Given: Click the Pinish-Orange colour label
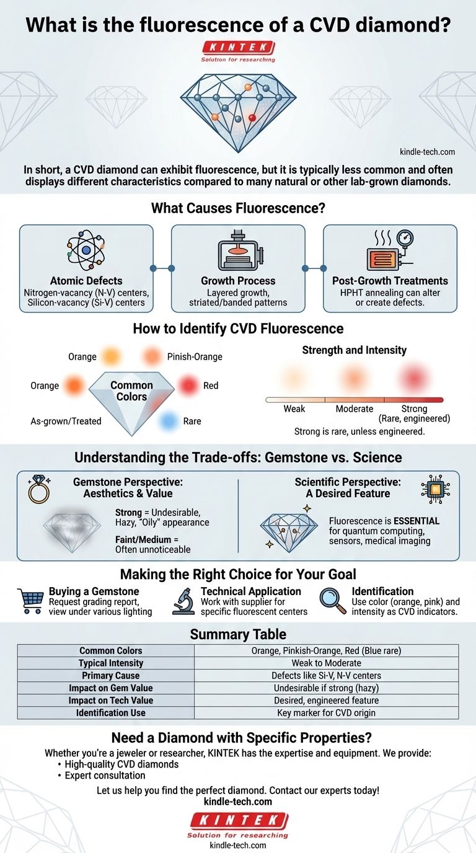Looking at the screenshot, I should (195, 356).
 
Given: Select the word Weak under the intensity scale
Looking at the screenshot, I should (294, 409).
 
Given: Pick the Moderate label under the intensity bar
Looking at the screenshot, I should (355, 409).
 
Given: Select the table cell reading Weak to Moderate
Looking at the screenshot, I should (326, 663).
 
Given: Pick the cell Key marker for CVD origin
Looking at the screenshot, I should (326, 713).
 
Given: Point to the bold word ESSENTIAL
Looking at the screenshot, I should (416, 521).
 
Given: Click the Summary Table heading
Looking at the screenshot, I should (238, 635).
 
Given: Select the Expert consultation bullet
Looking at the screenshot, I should (105, 776).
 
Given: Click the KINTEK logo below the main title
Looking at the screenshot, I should (238, 48).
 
